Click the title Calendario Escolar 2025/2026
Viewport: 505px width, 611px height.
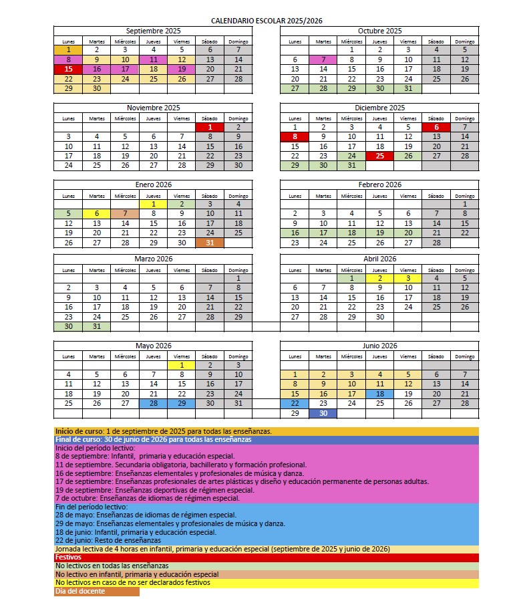click(267, 21)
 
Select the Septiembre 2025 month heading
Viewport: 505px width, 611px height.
click(153, 31)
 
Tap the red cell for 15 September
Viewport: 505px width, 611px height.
click(68, 69)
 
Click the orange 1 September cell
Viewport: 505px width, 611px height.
click(68, 49)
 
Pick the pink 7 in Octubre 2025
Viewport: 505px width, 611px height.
click(323, 59)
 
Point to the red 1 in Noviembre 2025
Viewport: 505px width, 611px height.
click(210, 126)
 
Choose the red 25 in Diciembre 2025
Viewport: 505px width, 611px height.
click(379, 156)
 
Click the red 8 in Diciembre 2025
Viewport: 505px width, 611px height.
click(295, 136)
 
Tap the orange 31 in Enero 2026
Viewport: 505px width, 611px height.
click(210, 243)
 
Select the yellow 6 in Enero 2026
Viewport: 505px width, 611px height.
click(97, 213)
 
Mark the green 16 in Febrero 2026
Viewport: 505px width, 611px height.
click(295, 233)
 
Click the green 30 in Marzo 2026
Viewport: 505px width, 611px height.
click(68, 326)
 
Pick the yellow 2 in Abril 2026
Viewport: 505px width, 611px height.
click(379, 278)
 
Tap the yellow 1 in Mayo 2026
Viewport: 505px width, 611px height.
click(182, 364)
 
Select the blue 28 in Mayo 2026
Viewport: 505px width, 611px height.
click(154, 403)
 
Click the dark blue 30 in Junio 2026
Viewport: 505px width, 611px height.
click(323, 413)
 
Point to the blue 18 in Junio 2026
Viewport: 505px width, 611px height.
click(379, 394)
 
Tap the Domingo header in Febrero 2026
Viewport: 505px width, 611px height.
click(465, 196)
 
